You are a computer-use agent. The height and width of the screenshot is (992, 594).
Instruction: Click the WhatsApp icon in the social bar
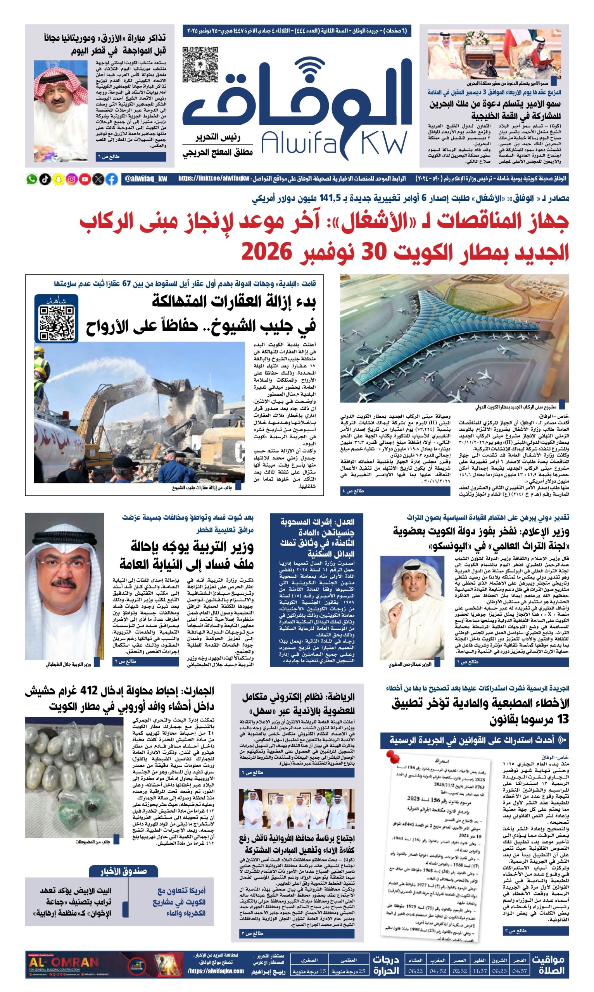32,179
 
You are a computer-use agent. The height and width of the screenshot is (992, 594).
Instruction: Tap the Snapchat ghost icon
59,179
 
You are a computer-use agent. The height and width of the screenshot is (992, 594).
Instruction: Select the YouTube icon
85,179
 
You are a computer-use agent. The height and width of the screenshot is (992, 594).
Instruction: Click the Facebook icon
112,179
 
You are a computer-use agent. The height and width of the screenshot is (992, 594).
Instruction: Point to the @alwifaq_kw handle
146,179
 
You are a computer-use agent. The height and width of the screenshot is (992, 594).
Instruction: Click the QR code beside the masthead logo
200,65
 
